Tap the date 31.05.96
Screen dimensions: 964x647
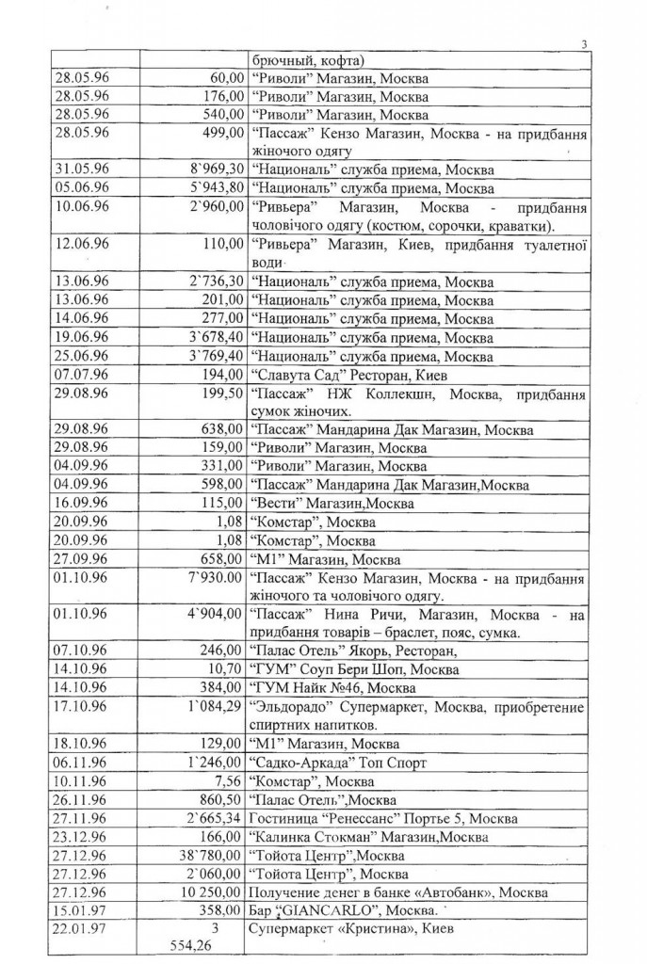pyautogui.click(x=82, y=170)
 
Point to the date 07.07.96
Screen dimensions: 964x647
pyautogui.click(x=82, y=375)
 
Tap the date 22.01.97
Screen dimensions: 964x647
pyautogui.click(x=82, y=929)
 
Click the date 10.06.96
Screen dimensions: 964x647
pyautogui.click(x=82, y=207)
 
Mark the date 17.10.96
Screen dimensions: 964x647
pyautogui.click(x=82, y=705)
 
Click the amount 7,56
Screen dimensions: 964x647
pyautogui.click(x=229, y=781)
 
